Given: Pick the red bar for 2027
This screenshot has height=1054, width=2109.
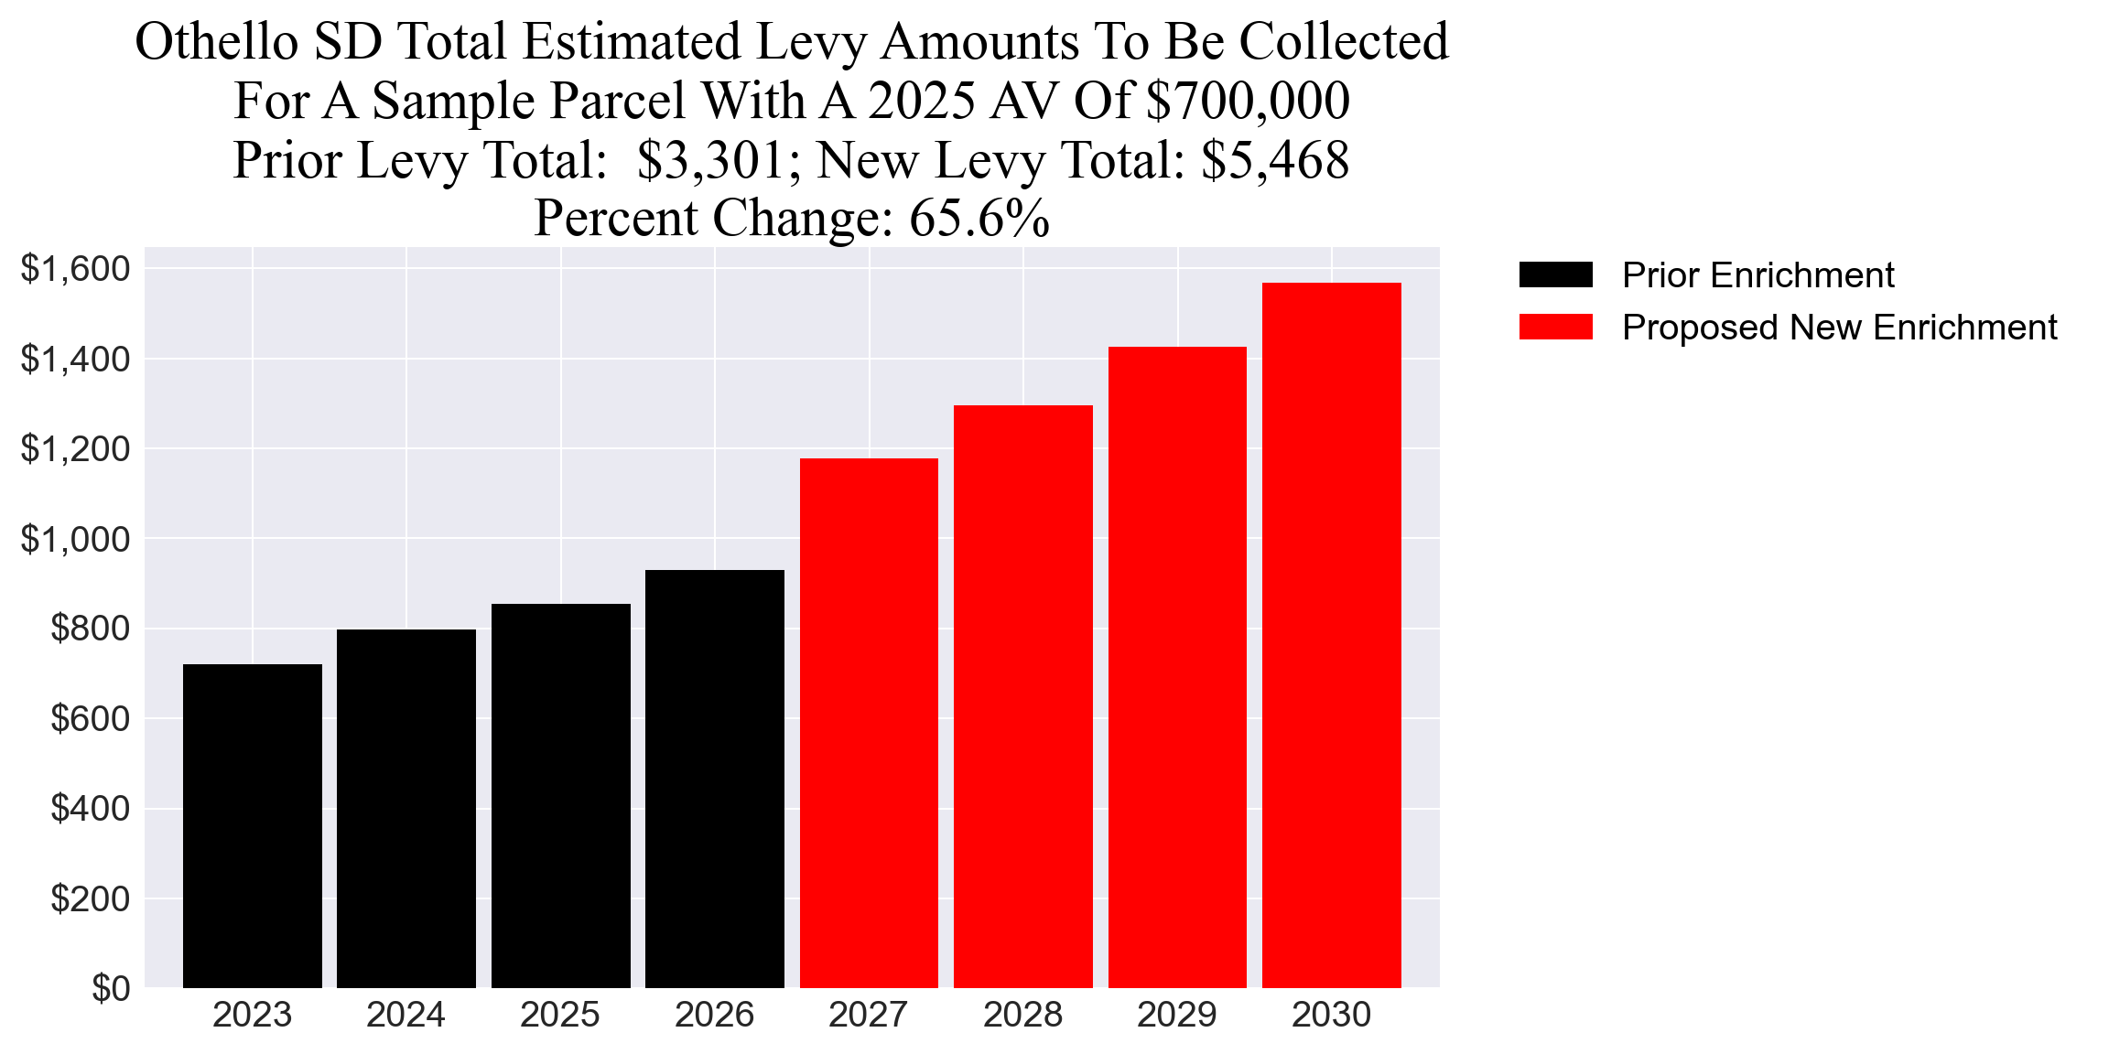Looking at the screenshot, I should [869, 723].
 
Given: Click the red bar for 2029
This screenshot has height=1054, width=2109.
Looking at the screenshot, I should [1177, 667].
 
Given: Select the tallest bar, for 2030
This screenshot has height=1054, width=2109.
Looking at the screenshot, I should [1331, 635].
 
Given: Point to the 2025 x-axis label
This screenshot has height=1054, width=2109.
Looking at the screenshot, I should [560, 1015].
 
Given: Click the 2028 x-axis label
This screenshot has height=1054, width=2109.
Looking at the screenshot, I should [1022, 1015].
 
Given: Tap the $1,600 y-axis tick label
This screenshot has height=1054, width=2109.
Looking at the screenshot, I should [75, 269].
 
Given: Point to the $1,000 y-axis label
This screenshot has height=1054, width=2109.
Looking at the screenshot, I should [75, 540].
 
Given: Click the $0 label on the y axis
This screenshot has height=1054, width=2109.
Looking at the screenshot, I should [111, 989].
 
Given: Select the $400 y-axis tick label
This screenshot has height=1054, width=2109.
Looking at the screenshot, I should [90, 809].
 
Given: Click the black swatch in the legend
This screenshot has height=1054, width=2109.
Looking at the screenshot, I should [1555, 274].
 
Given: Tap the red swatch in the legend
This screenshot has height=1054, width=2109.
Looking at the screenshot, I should [1555, 327].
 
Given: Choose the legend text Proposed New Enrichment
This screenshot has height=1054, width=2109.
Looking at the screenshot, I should [1839, 328].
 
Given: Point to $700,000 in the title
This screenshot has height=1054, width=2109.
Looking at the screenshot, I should [1248, 101].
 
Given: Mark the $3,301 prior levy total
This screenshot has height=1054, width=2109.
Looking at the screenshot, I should [710, 160].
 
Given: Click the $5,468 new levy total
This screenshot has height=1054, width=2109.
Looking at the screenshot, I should [1274, 160].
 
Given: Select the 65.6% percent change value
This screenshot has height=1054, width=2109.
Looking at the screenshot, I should [979, 219].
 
